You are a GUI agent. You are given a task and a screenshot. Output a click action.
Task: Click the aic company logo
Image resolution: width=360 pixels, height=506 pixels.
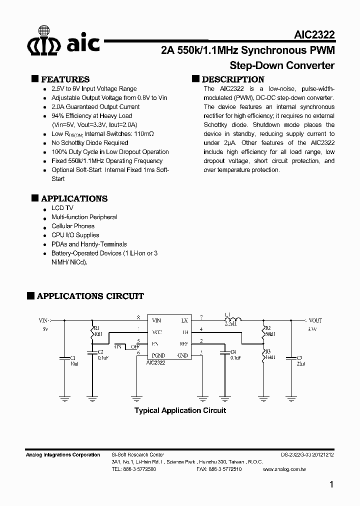point(63,44)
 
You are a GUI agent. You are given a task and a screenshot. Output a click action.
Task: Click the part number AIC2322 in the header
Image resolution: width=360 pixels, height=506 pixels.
point(314,34)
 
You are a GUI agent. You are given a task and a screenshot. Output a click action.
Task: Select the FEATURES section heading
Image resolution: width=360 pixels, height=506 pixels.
point(65,79)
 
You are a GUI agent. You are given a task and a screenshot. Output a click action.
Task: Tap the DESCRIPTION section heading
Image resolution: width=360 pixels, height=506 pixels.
point(233,79)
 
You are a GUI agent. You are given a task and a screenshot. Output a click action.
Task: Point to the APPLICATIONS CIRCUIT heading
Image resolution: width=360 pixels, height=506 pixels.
point(90,296)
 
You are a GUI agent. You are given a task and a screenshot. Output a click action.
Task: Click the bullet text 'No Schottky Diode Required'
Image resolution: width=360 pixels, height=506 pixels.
point(90,143)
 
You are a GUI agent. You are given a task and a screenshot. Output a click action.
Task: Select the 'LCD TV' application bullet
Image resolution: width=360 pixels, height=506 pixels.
point(62,208)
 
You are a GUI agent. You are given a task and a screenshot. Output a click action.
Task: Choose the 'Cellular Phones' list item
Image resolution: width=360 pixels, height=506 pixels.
point(73,226)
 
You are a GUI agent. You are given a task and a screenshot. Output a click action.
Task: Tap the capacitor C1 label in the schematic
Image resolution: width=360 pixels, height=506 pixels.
point(72,358)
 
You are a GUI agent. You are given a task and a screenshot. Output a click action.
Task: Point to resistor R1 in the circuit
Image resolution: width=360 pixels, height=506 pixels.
point(92,333)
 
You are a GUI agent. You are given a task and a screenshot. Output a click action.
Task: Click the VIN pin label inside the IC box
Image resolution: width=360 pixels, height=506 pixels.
point(156,320)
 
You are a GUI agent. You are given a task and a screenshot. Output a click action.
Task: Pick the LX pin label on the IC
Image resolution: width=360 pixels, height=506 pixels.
point(184,320)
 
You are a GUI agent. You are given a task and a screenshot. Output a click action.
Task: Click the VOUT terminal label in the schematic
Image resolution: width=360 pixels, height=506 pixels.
point(315,320)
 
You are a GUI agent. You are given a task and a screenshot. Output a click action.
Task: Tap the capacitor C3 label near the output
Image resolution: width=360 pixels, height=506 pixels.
point(300,358)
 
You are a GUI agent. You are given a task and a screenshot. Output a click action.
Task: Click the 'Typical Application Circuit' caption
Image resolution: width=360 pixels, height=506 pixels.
point(180,410)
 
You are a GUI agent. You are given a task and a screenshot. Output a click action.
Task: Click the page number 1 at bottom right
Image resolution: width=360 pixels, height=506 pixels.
point(332,484)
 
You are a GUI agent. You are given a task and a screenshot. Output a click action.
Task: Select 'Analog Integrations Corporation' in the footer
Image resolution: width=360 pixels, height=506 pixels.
point(63,454)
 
